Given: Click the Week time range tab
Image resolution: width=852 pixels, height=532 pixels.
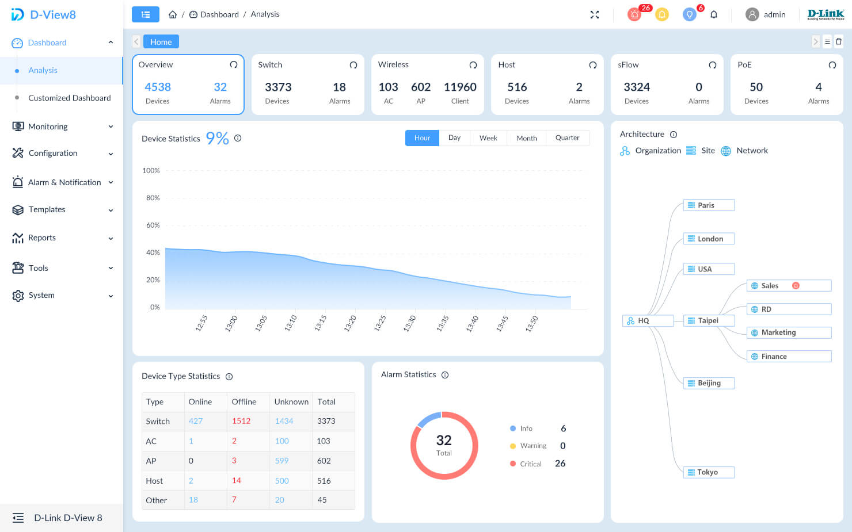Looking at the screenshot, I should (x=488, y=138).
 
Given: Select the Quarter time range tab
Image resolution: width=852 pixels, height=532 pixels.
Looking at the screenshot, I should (x=567, y=138).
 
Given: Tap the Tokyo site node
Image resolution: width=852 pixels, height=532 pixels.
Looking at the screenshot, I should (x=708, y=472).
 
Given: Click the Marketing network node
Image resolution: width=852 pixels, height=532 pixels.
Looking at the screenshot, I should (x=788, y=332).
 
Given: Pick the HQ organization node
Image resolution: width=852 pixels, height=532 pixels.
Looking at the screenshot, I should (x=648, y=321).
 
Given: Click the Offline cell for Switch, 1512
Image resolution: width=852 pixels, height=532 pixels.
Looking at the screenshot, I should (x=241, y=421).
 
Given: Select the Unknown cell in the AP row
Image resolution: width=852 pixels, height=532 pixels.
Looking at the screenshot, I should (x=282, y=461).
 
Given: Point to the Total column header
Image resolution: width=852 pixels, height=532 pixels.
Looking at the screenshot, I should (x=326, y=402).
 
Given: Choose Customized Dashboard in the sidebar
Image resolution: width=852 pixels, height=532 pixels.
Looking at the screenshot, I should (x=70, y=98).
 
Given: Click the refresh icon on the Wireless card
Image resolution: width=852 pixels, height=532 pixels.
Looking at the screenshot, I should (x=473, y=65).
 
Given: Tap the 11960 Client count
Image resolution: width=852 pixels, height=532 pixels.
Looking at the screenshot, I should (x=460, y=87).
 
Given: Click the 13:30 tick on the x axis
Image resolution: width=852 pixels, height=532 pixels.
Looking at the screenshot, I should (x=409, y=323).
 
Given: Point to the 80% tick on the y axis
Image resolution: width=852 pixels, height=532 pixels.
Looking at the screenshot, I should (x=153, y=198).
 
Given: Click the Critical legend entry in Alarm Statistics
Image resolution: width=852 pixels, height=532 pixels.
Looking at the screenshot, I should (x=530, y=464).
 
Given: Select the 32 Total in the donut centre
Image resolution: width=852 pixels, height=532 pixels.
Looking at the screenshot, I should (x=444, y=445).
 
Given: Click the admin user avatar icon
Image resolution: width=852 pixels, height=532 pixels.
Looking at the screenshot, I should (x=752, y=14).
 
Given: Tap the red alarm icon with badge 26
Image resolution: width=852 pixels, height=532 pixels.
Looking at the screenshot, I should (x=634, y=14).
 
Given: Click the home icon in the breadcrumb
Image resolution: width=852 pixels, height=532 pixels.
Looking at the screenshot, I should (x=172, y=14).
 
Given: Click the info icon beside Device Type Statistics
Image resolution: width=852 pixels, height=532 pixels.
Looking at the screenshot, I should (x=229, y=377).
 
